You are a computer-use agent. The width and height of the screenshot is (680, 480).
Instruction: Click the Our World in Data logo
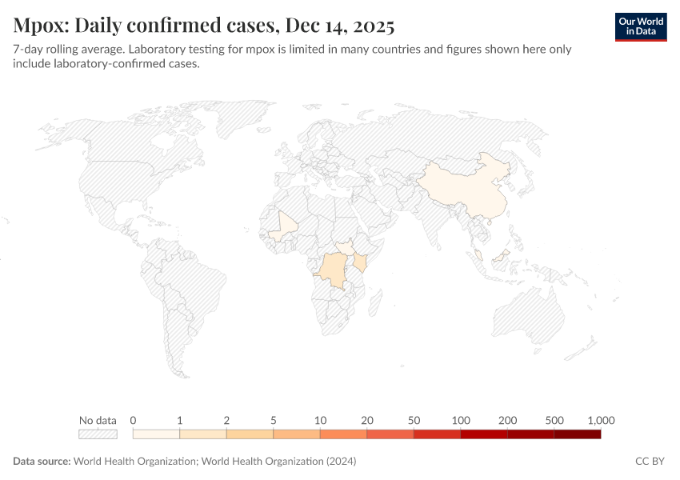[641, 26]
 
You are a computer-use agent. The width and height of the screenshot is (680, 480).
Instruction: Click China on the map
[472, 188]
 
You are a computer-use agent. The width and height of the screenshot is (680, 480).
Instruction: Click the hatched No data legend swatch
[98, 434]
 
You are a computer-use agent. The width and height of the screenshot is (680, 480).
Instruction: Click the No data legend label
[98, 420]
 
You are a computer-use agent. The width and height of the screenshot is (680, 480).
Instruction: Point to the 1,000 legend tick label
[600, 420]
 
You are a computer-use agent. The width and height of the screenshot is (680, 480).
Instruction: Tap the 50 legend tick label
[414, 420]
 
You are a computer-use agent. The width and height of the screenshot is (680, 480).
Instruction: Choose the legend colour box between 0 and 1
[156, 434]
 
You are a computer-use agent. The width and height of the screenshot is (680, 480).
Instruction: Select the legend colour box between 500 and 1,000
[577, 434]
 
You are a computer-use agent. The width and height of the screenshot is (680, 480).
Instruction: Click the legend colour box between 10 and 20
[343, 434]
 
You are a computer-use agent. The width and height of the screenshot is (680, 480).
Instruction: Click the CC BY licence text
[650, 462]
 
